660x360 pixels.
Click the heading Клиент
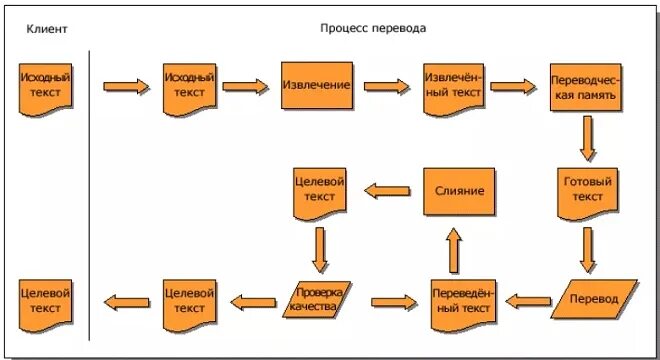click(47, 29)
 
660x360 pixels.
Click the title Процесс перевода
click(373, 29)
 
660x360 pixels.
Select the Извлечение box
click(316, 86)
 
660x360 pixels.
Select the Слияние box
click(460, 190)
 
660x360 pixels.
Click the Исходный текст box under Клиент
click(45, 86)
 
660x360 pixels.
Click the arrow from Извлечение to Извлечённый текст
click(387, 87)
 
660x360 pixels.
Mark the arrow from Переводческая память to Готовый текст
click(588, 139)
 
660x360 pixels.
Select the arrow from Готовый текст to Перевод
click(588, 249)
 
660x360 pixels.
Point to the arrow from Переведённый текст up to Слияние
click(454, 249)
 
